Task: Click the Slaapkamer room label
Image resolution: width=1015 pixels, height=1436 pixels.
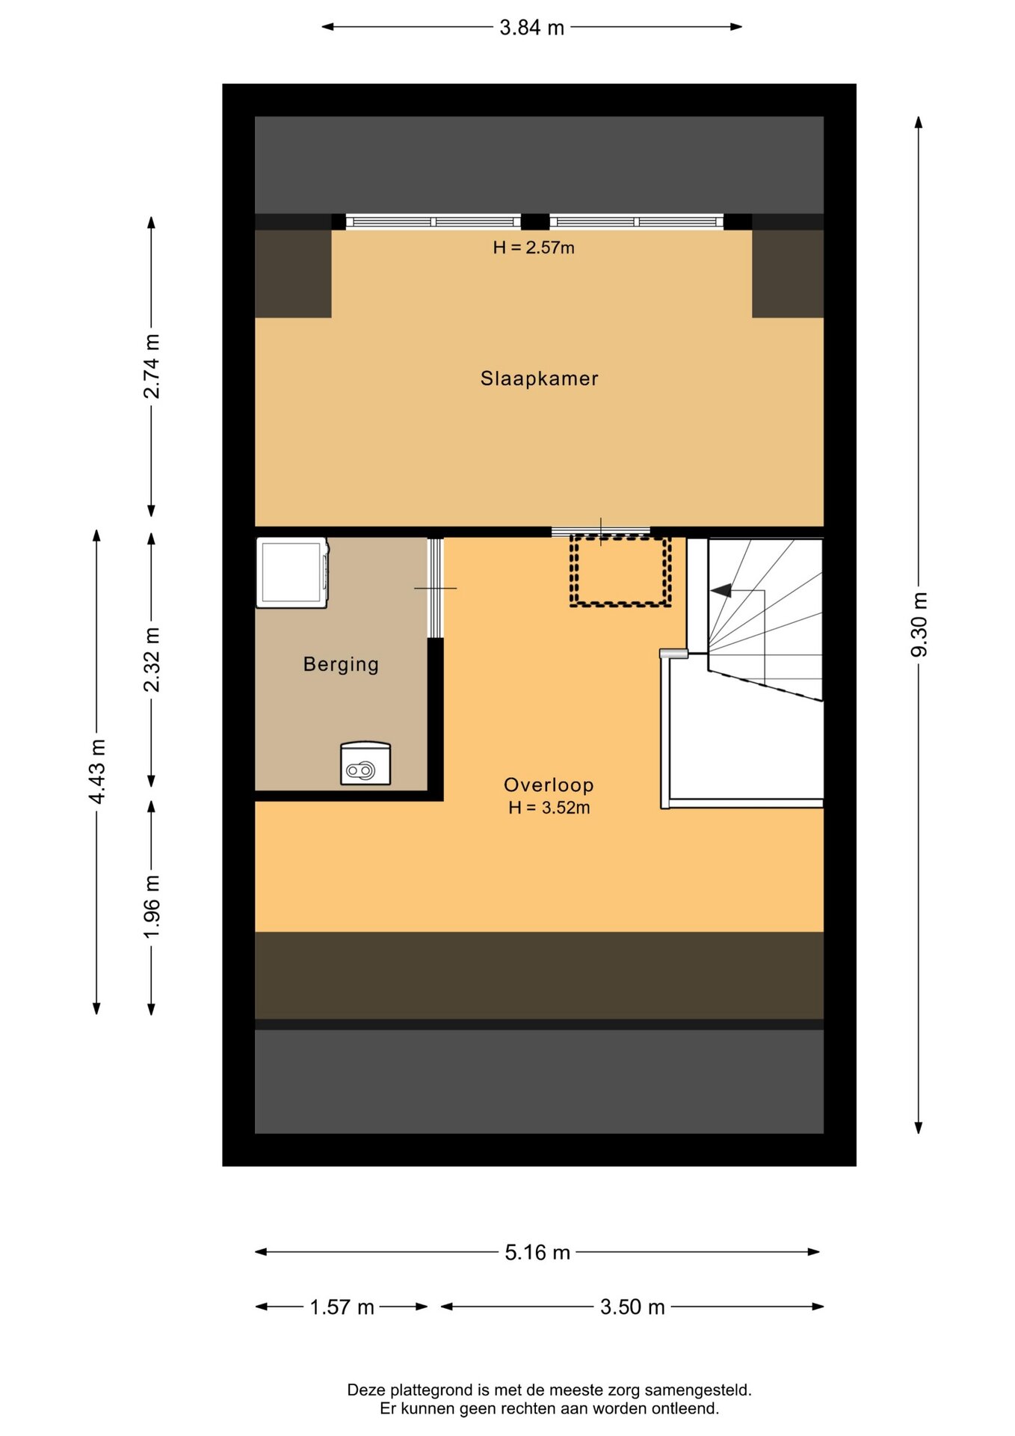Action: pyautogui.click(x=539, y=378)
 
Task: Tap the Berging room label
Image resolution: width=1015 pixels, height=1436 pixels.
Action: pyautogui.click(x=341, y=664)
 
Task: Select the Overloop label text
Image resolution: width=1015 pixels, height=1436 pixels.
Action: pyautogui.click(x=549, y=785)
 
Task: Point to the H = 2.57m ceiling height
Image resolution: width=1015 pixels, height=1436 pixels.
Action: pyautogui.click(x=534, y=248)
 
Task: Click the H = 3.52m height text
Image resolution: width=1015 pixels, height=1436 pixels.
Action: pyautogui.click(x=549, y=808)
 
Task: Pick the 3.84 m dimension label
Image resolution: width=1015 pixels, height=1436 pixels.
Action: pyautogui.click(x=531, y=28)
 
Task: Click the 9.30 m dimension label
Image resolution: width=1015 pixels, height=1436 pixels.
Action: pyautogui.click(x=919, y=625)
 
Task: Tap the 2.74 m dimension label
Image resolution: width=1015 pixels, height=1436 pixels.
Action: pyautogui.click(x=152, y=366)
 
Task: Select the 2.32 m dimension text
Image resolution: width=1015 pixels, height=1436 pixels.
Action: pyautogui.click(x=152, y=660)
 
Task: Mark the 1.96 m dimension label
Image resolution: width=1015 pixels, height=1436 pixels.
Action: pyautogui.click(x=152, y=906)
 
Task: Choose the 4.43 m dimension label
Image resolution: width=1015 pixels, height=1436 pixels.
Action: pyautogui.click(x=97, y=772)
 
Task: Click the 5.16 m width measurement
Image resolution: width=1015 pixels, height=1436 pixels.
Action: pyautogui.click(x=537, y=1252)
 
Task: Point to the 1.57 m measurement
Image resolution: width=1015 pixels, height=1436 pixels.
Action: pyautogui.click(x=342, y=1307)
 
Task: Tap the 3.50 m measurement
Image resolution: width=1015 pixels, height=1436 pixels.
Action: pyautogui.click(x=632, y=1307)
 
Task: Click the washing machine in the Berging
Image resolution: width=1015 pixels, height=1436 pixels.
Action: pyautogui.click(x=292, y=572)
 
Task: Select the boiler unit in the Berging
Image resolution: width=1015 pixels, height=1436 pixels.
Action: pyautogui.click(x=365, y=763)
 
